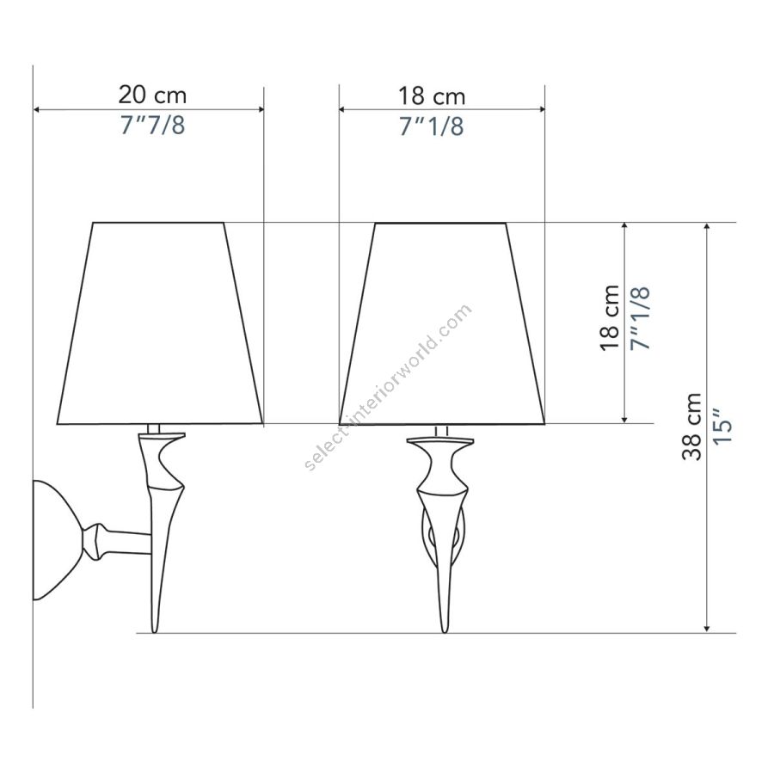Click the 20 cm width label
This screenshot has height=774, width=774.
pos(152,95)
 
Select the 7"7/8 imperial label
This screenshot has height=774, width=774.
pos(152,125)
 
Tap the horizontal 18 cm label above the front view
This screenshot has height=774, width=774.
pos(432,96)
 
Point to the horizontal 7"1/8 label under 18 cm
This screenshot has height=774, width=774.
pos(432,126)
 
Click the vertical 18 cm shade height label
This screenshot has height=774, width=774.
pos(611,318)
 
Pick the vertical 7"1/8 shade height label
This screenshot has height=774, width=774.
pos(641,318)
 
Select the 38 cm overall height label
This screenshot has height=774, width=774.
pos(692,427)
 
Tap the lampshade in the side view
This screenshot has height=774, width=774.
pos(159,323)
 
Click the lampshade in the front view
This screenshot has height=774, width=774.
pos(442,323)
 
